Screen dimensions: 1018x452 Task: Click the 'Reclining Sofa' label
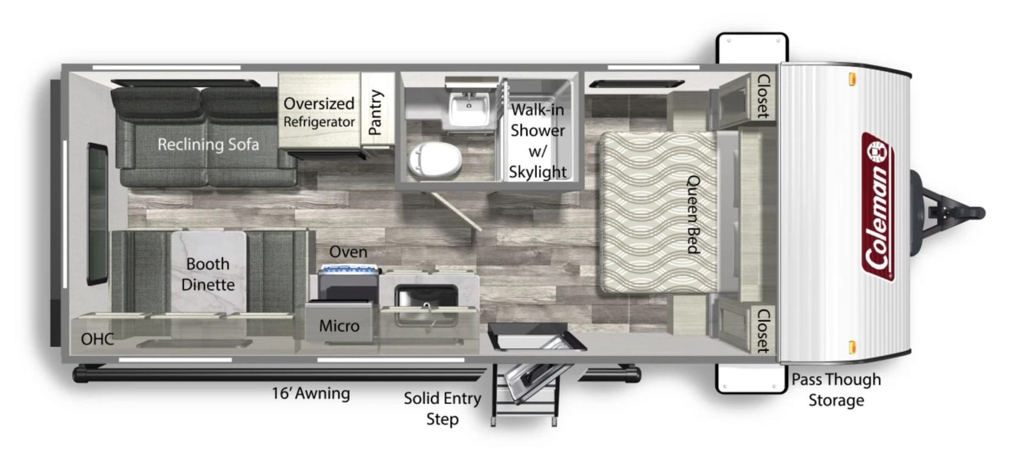click(x=208, y=144)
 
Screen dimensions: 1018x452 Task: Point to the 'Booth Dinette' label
click(x=208, y=274)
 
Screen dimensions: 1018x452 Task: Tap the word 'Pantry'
click(x=376, y=112)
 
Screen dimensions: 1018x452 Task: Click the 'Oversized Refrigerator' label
click(x=319, y=112)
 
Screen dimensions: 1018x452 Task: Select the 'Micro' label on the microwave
click(x=339, y=325)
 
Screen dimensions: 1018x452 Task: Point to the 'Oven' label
click(x=348, y=251)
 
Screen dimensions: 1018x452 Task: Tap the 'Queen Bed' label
click(x=693, y=215)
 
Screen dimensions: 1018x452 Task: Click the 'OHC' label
click(x=98, y=339)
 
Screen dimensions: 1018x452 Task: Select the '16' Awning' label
click(x=311, y=393)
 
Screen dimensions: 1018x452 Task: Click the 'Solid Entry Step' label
click(x=443, y=408)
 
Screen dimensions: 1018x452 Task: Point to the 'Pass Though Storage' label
click(x=836, y=390)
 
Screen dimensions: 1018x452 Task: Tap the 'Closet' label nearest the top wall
click(x=763, y=96)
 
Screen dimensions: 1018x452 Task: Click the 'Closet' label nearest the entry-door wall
click(x=763, y=330)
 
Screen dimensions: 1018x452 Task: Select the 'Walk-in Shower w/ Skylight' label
click(x=537, y=141)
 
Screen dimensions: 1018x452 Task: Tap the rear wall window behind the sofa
click(x=98, y=214)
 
